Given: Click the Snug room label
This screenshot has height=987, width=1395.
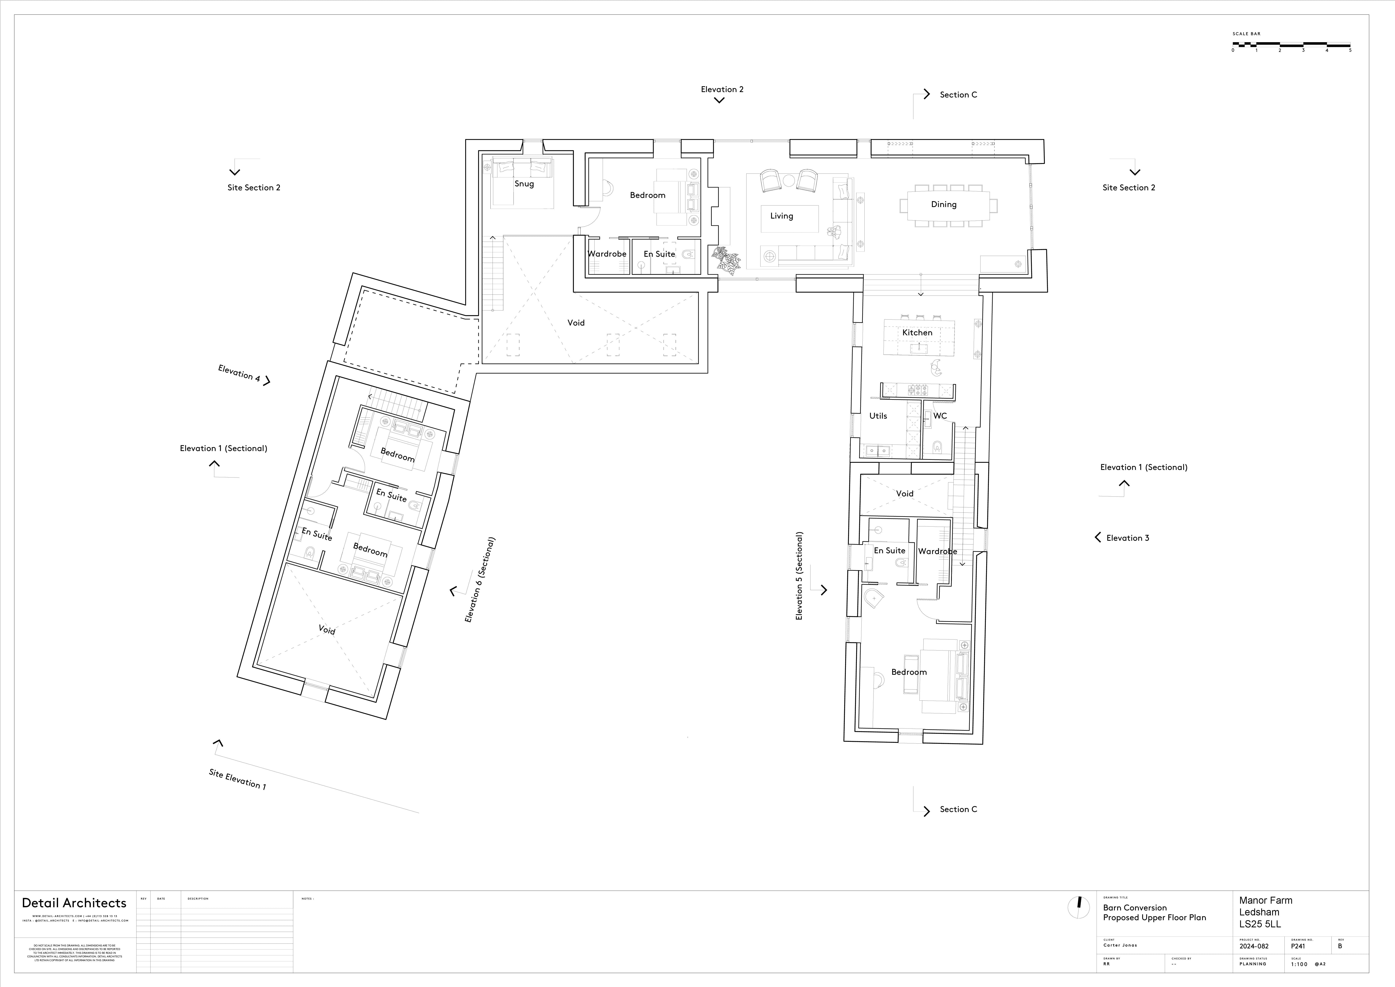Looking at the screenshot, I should pos(524,184).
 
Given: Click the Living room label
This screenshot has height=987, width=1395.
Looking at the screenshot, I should pos(781,216).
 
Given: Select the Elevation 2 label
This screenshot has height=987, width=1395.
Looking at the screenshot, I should pos(722,89).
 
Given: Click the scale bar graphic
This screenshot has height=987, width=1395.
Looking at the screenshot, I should pos(1291,44).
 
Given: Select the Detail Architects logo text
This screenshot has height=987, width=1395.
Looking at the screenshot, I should pos(74,903).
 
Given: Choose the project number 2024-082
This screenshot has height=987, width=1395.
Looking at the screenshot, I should pos(1254,946).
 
